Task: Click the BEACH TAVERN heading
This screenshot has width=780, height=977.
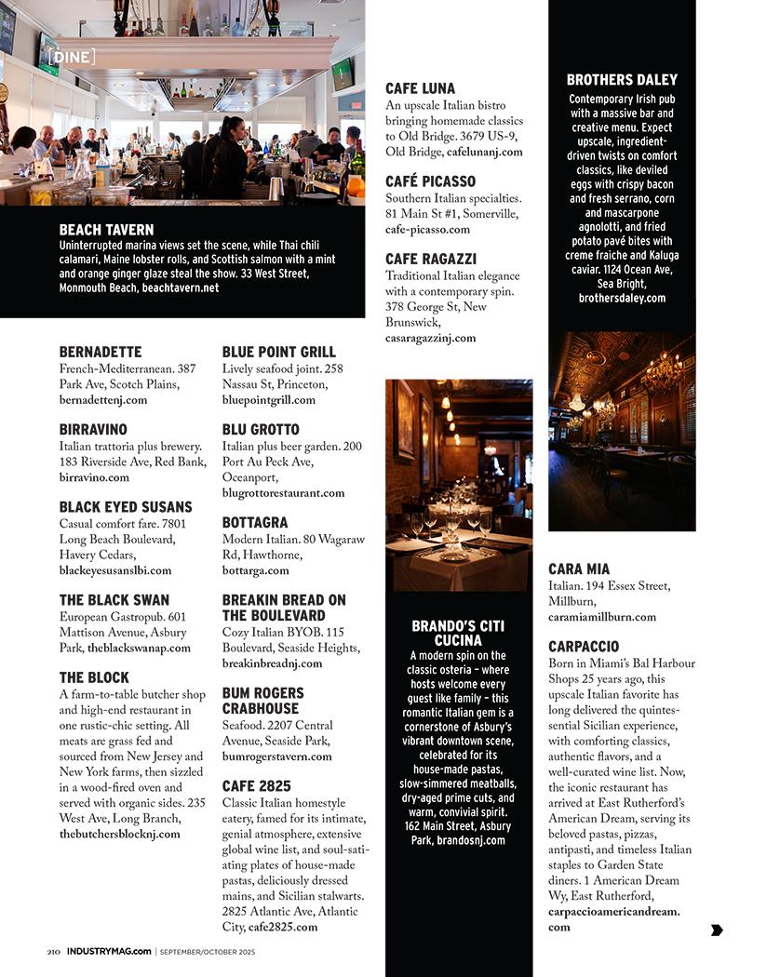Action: [x=106, y=230]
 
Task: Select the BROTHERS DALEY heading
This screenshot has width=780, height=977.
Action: [x=622, y=80]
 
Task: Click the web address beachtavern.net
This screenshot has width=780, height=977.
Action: [x=181, y=288]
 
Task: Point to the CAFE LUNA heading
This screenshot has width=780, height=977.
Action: [x=421, y=89]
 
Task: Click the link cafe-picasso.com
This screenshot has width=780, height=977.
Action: [x=427, y=229]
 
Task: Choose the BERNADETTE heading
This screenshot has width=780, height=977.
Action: [x=101, y=353]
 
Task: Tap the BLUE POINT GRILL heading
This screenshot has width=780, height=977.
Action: [x=278, y=353]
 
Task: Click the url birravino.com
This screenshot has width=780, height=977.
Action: [x=94, y=477]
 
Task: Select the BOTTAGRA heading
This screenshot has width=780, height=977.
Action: [x=255, y=523]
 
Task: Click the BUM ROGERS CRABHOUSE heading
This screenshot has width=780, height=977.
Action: [x=262, y=701]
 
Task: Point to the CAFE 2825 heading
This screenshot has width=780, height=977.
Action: [x=256, y=786]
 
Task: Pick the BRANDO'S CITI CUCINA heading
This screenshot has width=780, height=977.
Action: [x=459, y=634]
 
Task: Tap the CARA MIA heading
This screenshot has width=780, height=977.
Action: [x=579, y=569]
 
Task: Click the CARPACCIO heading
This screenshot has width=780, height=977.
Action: [x=584, y=647]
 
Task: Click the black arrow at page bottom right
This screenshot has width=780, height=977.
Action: [x=717, y=930]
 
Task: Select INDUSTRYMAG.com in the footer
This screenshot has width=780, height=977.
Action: [x=109, y=952]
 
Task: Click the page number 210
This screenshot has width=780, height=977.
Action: [x=54, y=952]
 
